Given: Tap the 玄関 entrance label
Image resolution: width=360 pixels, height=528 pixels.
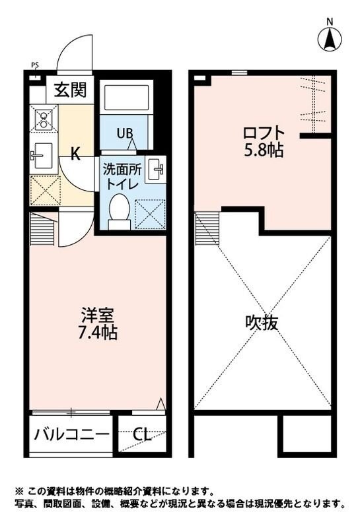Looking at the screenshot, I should pos(71,89).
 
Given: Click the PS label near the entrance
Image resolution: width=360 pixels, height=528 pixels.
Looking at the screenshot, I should pos(34,65).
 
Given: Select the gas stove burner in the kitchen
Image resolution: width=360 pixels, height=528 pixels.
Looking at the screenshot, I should pos(44,119).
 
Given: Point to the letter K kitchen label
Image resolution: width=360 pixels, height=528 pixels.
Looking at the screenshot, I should pos(76,155).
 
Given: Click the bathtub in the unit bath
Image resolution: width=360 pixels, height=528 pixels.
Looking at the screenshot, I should pos(128,98).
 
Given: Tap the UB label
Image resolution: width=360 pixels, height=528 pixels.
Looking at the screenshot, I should pos(124,133).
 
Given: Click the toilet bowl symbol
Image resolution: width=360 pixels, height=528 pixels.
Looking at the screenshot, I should pos(120,211).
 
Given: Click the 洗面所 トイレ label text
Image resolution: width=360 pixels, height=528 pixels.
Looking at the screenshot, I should pos(120,176).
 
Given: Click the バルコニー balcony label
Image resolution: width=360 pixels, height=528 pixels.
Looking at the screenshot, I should pos(72,434).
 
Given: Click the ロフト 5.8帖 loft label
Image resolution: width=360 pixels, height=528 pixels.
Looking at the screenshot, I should pos(264,141).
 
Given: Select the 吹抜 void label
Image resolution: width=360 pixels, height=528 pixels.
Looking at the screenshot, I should pos(262,323).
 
